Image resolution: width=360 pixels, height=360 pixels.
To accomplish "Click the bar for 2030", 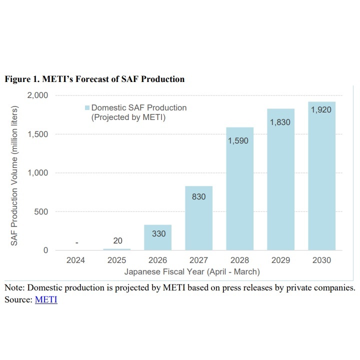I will click(321, 180).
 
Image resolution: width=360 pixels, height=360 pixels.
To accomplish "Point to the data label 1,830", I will click(280, 122).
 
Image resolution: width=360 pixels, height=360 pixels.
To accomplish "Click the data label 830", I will click(198, 196).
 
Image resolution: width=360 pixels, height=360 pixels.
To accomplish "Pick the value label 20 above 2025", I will click(117, 241).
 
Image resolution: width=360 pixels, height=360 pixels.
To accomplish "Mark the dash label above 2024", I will click(76, 242).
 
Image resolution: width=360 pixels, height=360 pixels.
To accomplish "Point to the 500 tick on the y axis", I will click(40, 211).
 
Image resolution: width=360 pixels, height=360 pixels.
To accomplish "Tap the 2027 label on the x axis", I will click(198, 260).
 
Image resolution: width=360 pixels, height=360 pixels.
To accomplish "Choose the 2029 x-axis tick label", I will click(280, 260).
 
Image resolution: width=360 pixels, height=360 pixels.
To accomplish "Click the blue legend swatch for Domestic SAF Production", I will click(87, 108).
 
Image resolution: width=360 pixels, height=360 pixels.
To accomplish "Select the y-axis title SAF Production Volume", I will click(14, 175).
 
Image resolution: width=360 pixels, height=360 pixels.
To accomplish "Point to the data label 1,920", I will click(321, 110).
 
